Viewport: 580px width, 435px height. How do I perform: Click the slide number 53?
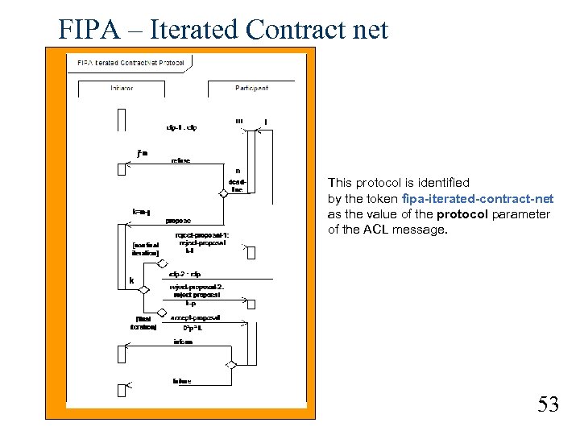point(548,404)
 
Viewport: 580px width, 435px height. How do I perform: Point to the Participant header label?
point(251,88)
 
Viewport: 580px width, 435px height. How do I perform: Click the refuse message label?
point(180,160)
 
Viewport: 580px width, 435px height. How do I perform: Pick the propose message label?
point(178,219)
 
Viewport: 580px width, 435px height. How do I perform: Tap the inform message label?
point(183,342)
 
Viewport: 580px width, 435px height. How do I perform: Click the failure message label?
point(182,380)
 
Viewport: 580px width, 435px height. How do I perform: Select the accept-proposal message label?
point(196,318)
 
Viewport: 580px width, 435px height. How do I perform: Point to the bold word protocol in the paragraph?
point(462,214)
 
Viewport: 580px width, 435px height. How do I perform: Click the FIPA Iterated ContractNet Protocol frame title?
point(130,62)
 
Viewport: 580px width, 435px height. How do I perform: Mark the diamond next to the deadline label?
point(224,193)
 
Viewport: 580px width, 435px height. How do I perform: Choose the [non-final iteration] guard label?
point(146,249)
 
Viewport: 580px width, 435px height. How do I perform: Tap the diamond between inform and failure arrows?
point(230,365)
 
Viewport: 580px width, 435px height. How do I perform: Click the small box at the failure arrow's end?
point(122,387)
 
